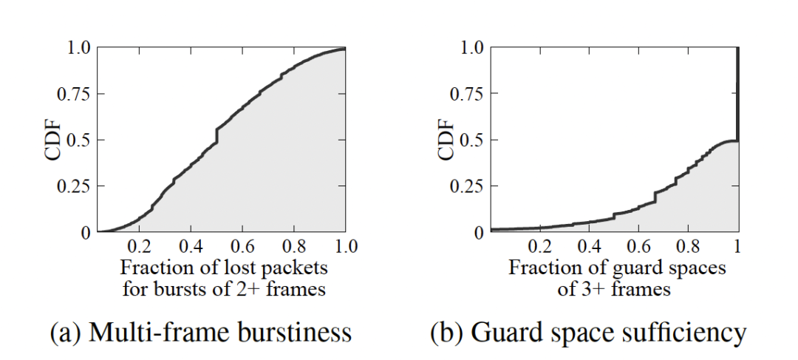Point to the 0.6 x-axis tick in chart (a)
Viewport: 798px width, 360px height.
(x=242, y=247)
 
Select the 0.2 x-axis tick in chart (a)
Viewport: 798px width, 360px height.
(x=139, y=247)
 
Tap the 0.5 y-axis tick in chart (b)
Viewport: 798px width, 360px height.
(x=466, y=139)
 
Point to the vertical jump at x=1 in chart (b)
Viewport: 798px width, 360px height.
(x=737, y=92)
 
